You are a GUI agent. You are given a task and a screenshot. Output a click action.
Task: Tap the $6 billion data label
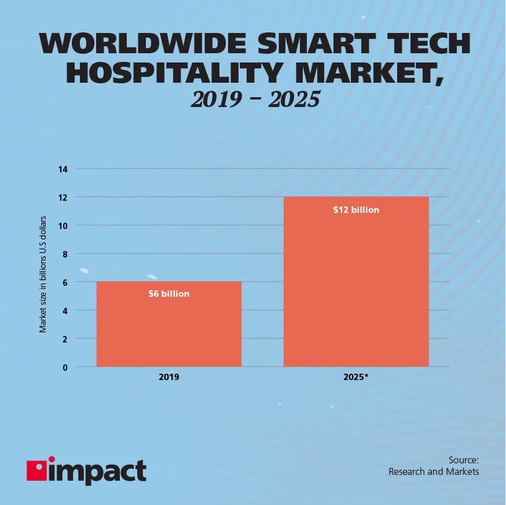pyautogui.click(x=168, y=294)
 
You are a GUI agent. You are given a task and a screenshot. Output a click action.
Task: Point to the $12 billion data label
pyautogui.click(x=356, y=210)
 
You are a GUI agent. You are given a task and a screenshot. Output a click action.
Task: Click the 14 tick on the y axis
pyautogui.click(x=63, y=169)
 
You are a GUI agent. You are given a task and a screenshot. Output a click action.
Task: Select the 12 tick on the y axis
pyautogui.click(x=63, y=197)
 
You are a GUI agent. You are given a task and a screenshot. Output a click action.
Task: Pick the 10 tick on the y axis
pyautogui.click(x=63, y=226)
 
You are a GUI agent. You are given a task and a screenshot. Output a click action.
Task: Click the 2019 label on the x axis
pyautogui.click(x=168, y=377)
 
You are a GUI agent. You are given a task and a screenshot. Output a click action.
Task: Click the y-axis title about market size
pyautogui.click(x=43, y=275)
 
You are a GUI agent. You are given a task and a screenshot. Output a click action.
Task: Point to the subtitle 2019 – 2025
pyautogui.click(x=255, y=99)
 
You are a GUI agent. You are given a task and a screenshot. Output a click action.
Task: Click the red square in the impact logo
pyautogui.click(x=36, y=470)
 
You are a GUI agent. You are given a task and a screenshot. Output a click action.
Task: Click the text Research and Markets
pyautogui.click(x=434, y=472)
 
